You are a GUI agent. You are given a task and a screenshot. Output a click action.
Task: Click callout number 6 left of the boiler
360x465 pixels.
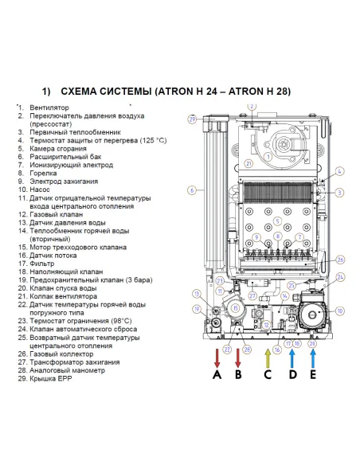point(192,190)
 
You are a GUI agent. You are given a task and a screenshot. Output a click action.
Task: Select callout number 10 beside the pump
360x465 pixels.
point(339,311)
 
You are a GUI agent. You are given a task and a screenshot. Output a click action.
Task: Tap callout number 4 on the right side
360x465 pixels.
point(339,171)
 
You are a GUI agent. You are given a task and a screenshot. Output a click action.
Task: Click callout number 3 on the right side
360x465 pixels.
point(339,193)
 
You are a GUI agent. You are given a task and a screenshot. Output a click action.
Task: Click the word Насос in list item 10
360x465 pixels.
point(42,190)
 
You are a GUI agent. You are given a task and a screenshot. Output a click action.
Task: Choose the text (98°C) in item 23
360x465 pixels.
point(113,321)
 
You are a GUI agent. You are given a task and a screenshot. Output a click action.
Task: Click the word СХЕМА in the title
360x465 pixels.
point(82,91)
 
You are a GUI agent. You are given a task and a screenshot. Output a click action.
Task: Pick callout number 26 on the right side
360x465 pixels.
point(340,260)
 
